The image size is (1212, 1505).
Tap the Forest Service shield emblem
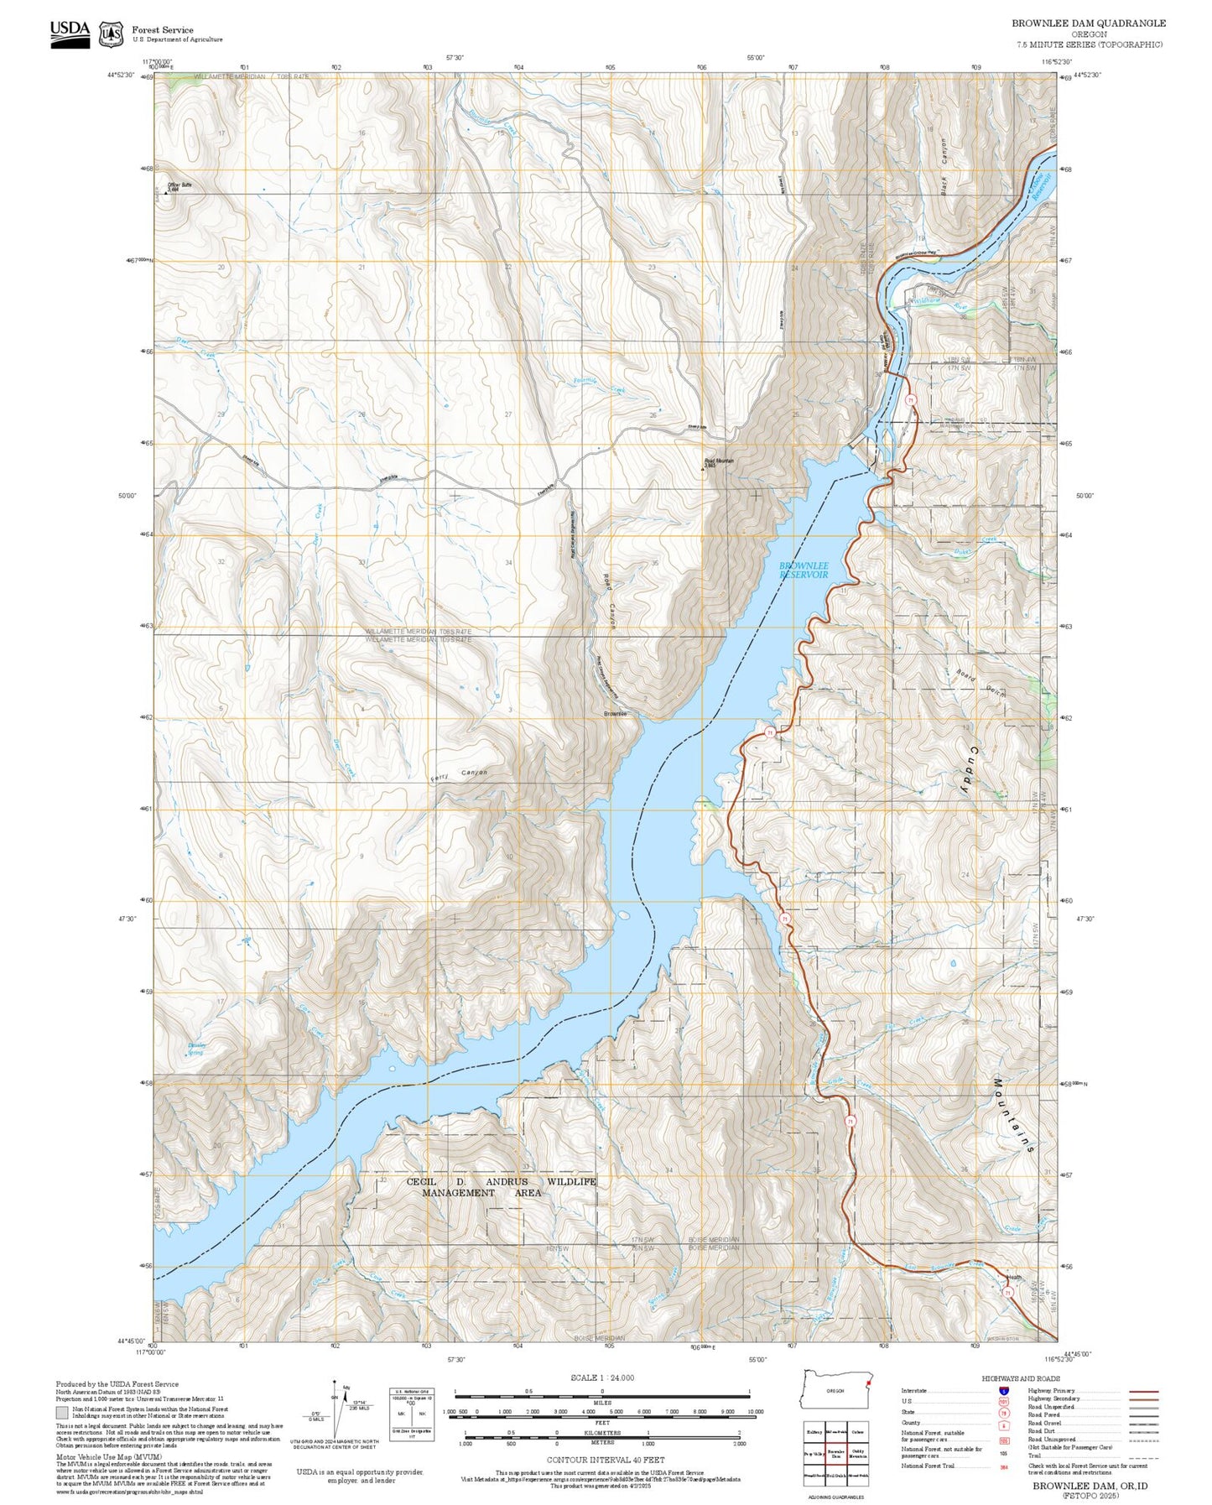click(111, 34)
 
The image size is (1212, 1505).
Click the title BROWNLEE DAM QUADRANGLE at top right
click(1088, 23)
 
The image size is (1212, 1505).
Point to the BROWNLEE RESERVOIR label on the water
click(804, 570)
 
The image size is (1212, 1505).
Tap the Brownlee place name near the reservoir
click(615, 714)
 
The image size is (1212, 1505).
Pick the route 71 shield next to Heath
click(1007, 1293)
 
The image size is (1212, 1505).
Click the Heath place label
click(1014, 1278)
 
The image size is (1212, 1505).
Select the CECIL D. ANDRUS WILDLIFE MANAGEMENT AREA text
click(502, 1187)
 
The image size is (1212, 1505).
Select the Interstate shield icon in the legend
click(1003, 1390)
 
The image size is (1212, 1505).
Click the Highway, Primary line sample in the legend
click(1143, 1391)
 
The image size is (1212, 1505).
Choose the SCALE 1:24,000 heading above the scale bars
click(602, 1377)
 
